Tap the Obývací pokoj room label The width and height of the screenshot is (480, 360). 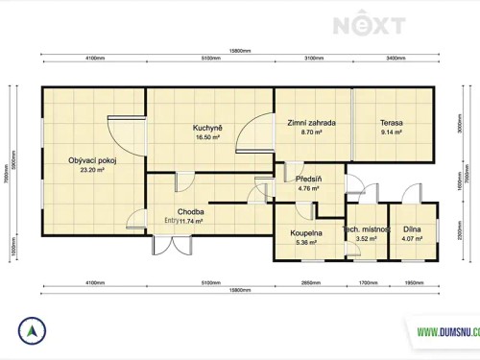[x=92, y=160]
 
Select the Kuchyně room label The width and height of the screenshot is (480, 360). [x=207, y=128]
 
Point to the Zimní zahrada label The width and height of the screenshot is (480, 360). [x=311, y=123]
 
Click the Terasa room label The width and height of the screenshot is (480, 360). [x=391, y=123]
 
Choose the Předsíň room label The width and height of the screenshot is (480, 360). [x=308, y=179]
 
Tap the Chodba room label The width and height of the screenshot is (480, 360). [x=190, y=211]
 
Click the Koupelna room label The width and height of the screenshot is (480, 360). [x=306, y=232]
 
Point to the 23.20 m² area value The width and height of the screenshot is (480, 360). [x=92, y=171]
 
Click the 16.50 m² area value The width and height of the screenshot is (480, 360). [x=207, y=138]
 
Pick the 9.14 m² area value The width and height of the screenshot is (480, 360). [x=391, y=133]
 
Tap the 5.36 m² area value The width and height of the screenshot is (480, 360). [x=306, y=243]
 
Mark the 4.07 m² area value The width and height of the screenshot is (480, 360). [x=413, y=239]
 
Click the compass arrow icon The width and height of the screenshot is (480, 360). [x=34, y=331]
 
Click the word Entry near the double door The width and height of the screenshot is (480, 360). [x=172, y=221]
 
